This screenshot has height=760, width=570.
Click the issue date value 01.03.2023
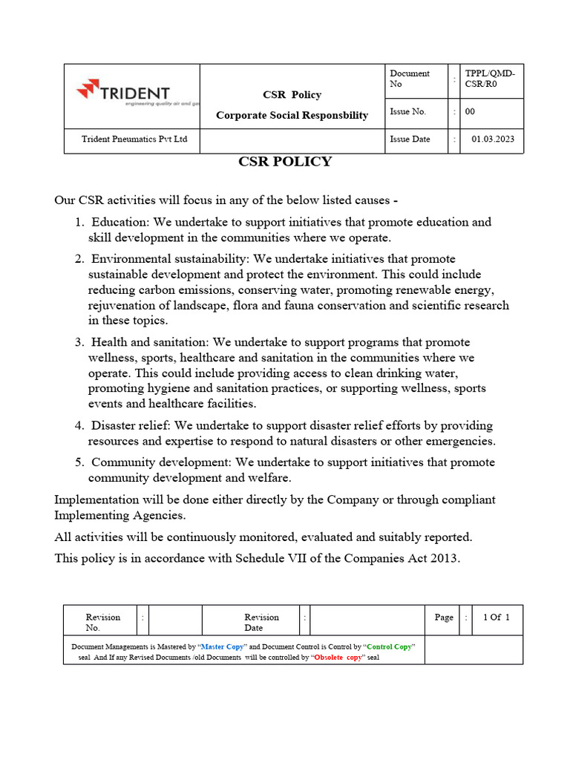pos(492,139)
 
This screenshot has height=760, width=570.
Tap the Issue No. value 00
pos(470,111)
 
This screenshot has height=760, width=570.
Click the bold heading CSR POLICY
pos(284,162)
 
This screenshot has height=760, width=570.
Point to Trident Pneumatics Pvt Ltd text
pos(134,139)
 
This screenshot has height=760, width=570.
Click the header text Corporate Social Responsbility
pos(292,115)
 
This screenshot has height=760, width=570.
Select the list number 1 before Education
pos(79,222)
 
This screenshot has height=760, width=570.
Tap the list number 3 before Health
pos(79,342)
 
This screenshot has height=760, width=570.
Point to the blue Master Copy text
pos(223,646)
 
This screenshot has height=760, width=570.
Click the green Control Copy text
pos(389,646)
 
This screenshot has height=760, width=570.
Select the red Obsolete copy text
pos(338,658)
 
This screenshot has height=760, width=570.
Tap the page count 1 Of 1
pos(497,617)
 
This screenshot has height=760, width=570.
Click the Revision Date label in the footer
pos(261,622)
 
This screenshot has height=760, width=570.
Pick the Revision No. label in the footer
pos(102,622)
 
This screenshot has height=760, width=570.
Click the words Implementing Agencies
pos(119,515)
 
